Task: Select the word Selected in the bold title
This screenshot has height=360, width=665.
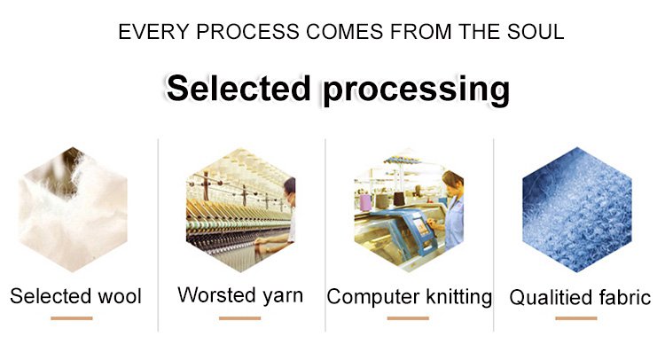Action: pos(239,88)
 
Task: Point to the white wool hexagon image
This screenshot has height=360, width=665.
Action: pos(73,209)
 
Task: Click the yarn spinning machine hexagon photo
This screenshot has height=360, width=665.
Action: pos(240,210)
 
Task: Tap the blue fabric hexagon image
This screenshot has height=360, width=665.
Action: pos(577,209)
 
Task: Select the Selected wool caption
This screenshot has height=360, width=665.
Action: pos(75,296)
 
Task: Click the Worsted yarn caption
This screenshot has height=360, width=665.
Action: pos(240,295)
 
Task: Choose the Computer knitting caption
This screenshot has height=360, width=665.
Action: pos(410,297)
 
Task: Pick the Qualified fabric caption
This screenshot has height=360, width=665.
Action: pos(580,297)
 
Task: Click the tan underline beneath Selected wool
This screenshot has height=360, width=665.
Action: pos(72,318)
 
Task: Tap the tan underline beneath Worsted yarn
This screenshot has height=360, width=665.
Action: pos(240,318)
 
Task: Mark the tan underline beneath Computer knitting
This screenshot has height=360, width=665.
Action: pos(408,318)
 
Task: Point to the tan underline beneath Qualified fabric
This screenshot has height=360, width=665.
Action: pos(576,318)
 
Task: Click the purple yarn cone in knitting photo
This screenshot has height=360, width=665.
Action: pos(365,202)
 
